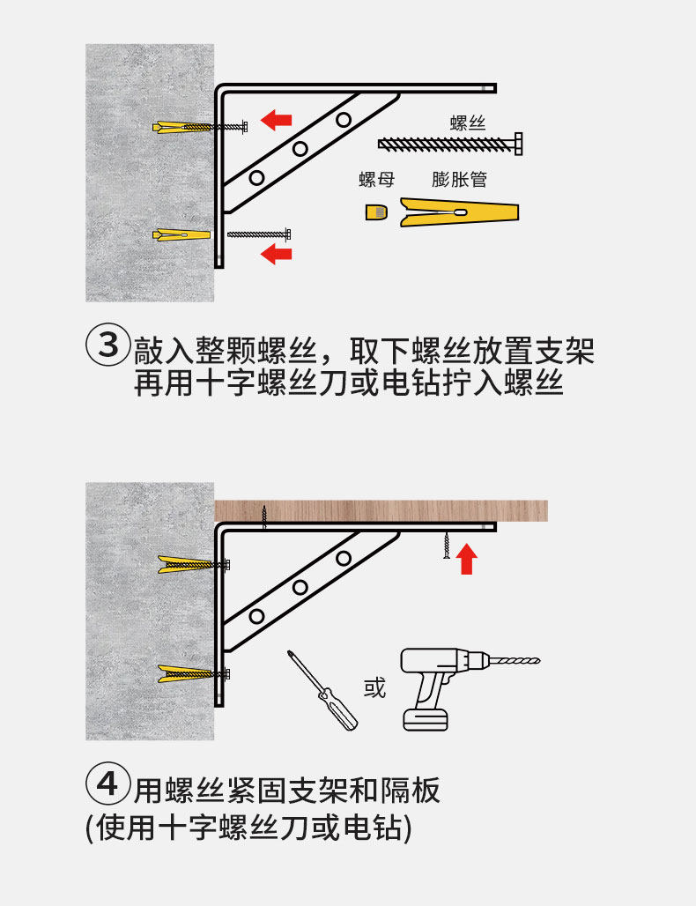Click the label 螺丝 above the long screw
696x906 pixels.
click(x=468, y=123)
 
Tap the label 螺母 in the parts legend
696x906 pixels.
click(x=376, y=180)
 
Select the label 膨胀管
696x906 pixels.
click(x=460, y=180)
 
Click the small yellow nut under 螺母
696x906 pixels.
click(x=376, y=212)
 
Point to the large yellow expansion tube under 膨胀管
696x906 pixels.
click(x=459, y=212)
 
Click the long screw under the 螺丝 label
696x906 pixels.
click(x=450, y=142)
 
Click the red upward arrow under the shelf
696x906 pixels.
click(x=468, y=558)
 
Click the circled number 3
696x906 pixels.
click(x=107, y=345)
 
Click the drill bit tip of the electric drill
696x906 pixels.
click(x=535, y=660)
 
